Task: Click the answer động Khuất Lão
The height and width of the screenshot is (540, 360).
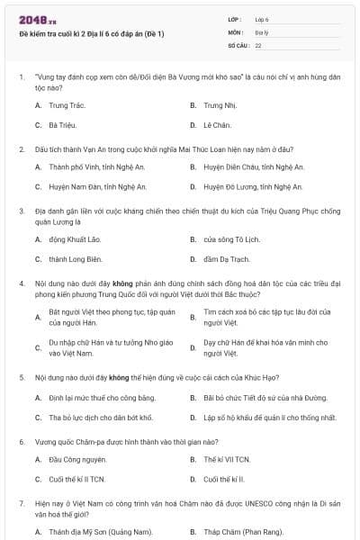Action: click(70, 239)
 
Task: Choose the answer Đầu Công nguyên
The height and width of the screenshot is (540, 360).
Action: click(71, 459)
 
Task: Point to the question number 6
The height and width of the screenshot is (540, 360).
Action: click(21, 442)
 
